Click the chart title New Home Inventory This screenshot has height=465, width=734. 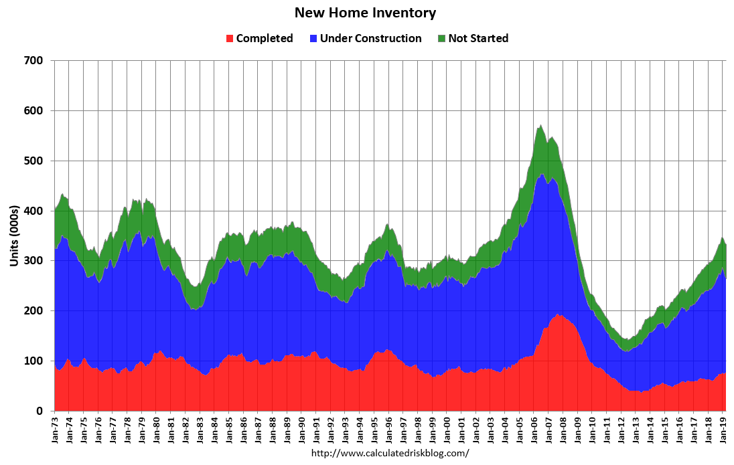pyautogui.click(x=365, y=13)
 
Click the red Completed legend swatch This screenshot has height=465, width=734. pyautogui.click(x=230, y=38)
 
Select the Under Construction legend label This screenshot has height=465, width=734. pyautogui.click(x=370, y=38)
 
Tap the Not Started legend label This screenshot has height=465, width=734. pyautogui.click(x=478, y=38)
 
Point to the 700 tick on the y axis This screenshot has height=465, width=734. pyautogui.click(x=34, y=61)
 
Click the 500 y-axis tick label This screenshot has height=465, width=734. pyautogui.click(x=34, y=161)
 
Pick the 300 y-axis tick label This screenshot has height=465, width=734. pyautogui.click(x=34, y=261)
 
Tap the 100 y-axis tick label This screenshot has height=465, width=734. pyautogui.click(x=34, y=361)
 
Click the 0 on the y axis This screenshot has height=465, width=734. pyautogui.click(x=40, y=411)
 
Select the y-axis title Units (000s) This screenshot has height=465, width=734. pyautogui.click(x=14, y=236)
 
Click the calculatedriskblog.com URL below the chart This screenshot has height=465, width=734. pyautogui.click(x=390, y=453)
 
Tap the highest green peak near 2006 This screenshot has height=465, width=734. pyautogui.click(x=540, y=125)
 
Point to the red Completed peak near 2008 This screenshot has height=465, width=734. pyautogui.click(x=558, y=315)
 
